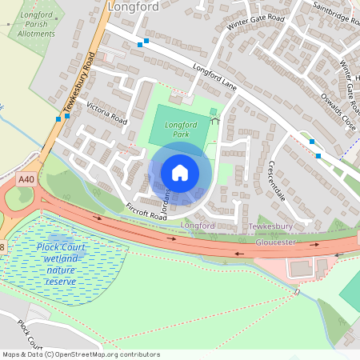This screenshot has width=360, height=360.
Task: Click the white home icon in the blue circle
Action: tap(180, 172)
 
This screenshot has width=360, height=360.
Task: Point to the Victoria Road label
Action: tap(107, 115)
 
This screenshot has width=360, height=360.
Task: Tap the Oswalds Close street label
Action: tap(336, 110)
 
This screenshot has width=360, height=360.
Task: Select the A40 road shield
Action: tap(26, 181)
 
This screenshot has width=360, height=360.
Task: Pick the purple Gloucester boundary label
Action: tap(275, 242)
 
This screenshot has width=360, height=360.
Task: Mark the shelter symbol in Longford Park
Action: tap(214, 120)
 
